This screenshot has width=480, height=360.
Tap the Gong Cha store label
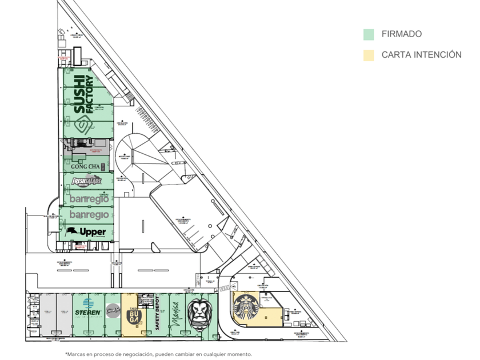tap(86, 166)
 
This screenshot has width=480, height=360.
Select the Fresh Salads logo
tap(86, 182)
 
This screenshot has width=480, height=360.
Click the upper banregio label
tap(89, 199)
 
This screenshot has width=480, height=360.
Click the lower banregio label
tap(89, 215)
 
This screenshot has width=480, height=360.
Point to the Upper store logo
tap(86, 232)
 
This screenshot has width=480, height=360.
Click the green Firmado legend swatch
tap(369, 34)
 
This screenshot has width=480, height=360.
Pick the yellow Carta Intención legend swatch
tap(369, 55)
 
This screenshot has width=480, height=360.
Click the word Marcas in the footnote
tap(79, 354)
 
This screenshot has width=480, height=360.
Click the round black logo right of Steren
tap(112, 311)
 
